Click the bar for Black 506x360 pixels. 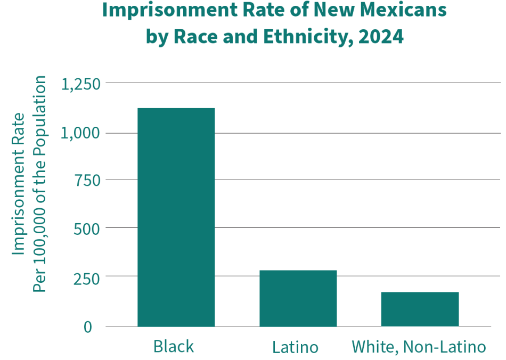pos(176,217)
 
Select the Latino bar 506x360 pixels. pos(298,298)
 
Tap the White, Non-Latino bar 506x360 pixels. pos(420,309)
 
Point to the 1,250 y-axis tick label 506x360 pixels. pos(81,84)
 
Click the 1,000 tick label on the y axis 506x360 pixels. pos(81,133)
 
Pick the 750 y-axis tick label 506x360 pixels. pos(87,180)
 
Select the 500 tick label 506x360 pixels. pos(87,228)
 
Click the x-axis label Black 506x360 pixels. pos(174,347)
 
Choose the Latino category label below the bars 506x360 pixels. pos(295,348)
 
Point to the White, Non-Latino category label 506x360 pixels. pos(419,347)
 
